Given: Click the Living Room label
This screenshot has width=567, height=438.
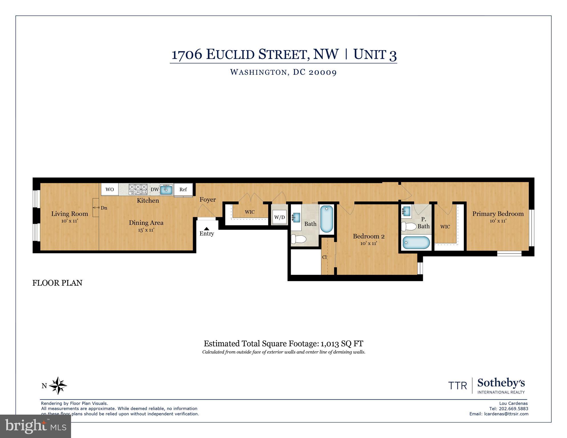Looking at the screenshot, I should (x=70, y=214).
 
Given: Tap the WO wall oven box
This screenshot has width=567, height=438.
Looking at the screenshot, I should (x=110, y=189).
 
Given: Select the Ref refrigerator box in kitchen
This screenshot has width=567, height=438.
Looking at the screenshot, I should (x=183, y=189).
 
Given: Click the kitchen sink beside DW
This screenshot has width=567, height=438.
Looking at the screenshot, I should (x=166, y=189).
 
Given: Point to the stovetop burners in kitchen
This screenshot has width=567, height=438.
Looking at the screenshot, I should (x=138, y=189).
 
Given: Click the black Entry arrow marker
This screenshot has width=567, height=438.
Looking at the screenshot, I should (x=207, y=229).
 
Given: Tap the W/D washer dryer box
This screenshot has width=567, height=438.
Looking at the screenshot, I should (x=279, y=217).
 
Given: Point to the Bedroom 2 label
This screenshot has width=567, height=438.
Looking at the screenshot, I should (x=369, y=236).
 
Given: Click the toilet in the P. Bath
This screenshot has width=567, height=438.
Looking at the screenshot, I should (x=409, y=227).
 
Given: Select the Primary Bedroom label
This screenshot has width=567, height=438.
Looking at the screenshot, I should (x=498, y=214).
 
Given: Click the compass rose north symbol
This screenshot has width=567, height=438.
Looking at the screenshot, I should (x=58, y=386).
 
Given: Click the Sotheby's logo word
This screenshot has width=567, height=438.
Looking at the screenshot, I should (x=501, y=383).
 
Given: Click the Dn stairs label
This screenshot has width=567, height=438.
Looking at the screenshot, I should (x=104, y=208).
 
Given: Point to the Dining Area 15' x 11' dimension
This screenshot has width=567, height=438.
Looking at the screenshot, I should (x=146, y=230).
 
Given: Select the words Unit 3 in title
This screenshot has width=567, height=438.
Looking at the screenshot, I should (x=375, y=54).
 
